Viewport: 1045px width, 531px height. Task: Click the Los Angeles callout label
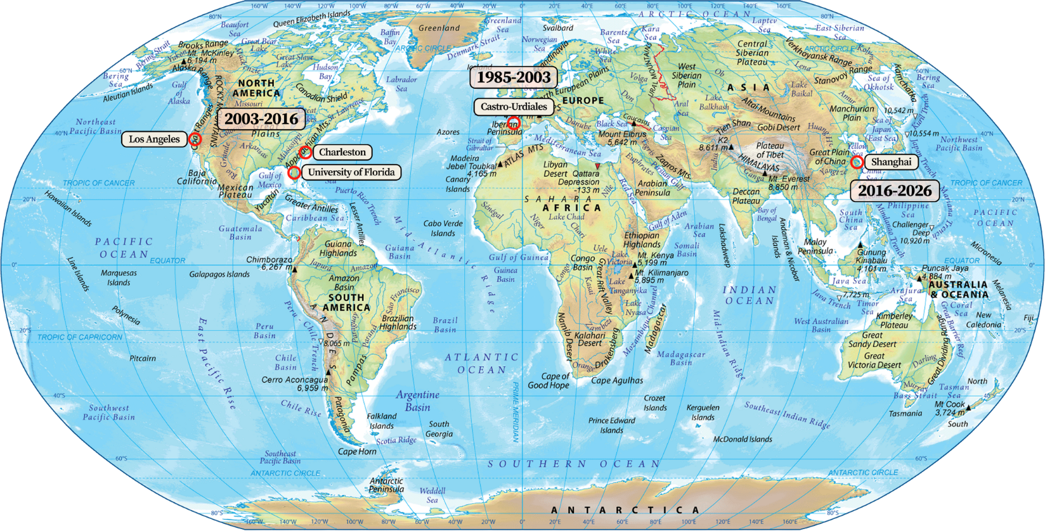click(x=154, y=139)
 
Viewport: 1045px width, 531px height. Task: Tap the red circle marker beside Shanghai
click(x=857, y=162)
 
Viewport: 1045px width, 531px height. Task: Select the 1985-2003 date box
click(x=514, y=78)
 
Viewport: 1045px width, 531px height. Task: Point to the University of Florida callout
click(x=351, y=172)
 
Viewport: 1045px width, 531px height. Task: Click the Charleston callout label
click(x=342, y=152)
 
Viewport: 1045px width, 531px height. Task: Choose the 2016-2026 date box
click(x=895, y=191)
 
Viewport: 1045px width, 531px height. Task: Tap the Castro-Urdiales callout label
click(x=514, y=106)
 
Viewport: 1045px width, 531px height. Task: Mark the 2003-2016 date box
click(x=261, y=119)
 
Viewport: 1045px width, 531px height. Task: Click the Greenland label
click(x=439, y=29)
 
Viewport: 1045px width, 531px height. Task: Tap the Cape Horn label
click(x=357, y=452)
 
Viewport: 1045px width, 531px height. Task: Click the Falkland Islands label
click(x=382, y=421)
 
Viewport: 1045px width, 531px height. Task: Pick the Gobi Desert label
click(x=778, y=127)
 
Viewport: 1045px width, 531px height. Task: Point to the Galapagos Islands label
click(x=219, y=274)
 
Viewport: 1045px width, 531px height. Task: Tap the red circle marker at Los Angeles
click(x=195, y=139)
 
